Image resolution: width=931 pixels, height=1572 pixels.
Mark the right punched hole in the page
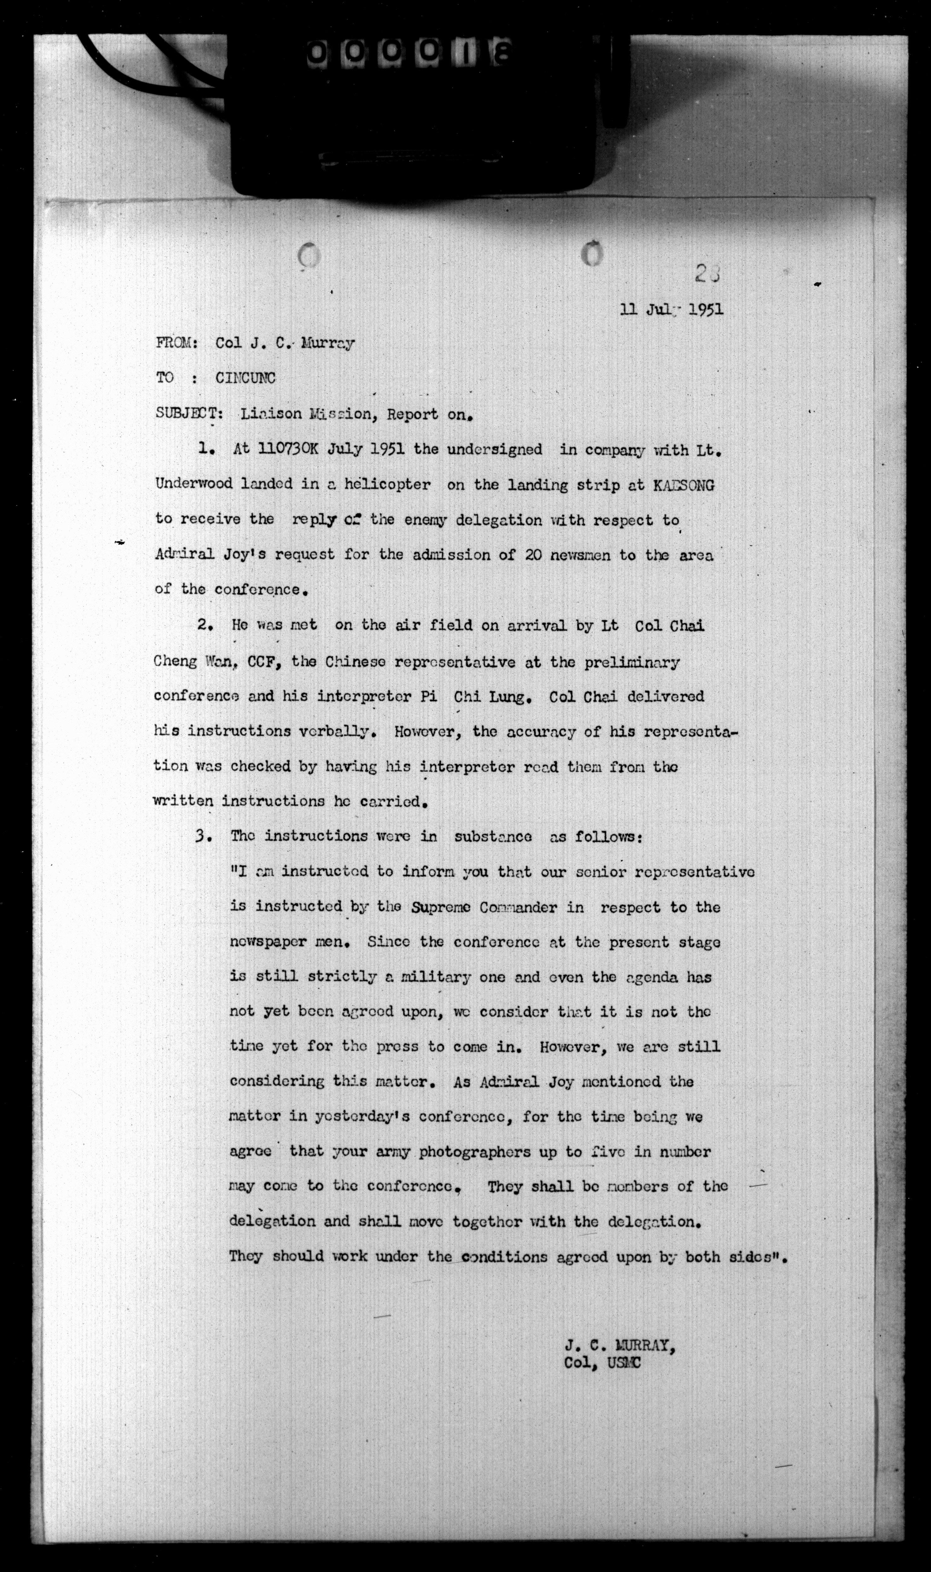[x=591, y=254]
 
